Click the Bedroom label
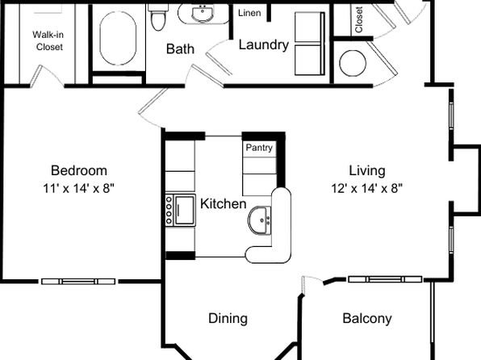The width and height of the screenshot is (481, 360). click(x=79, y=170)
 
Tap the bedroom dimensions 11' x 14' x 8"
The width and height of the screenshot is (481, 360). click(x=79, y=188)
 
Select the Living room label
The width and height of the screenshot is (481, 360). click(x=367, y=171)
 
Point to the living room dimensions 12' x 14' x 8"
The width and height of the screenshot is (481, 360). click(x=367, y=188)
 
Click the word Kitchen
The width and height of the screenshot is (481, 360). click(x=224, y=203)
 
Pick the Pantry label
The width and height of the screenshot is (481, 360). click(x=259, y=148)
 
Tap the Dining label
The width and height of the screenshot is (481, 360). click(x=228, y=319)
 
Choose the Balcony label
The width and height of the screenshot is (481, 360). click(x=367, y=319)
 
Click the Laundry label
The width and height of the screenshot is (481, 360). click(x=264, y=45)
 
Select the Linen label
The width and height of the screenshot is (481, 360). click(x=249, y=13)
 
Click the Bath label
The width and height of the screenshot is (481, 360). click(x=181, y=49)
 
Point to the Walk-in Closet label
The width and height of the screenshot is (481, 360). click(x=48, y=41)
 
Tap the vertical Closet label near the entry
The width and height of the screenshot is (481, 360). click(x=359, y=19)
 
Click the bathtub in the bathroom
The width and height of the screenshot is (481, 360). click(x=118, y=39)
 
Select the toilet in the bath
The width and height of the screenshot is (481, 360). click(x=158, y=17)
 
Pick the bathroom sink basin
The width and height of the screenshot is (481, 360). click(x=203, y=14)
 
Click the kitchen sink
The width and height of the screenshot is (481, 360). click(x=260, y=220)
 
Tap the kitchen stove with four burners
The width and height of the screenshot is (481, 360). click(x=181, y=210)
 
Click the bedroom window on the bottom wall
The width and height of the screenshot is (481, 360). click(x=78, y=282)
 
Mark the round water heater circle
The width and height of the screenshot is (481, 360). click(x=353, y=63)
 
